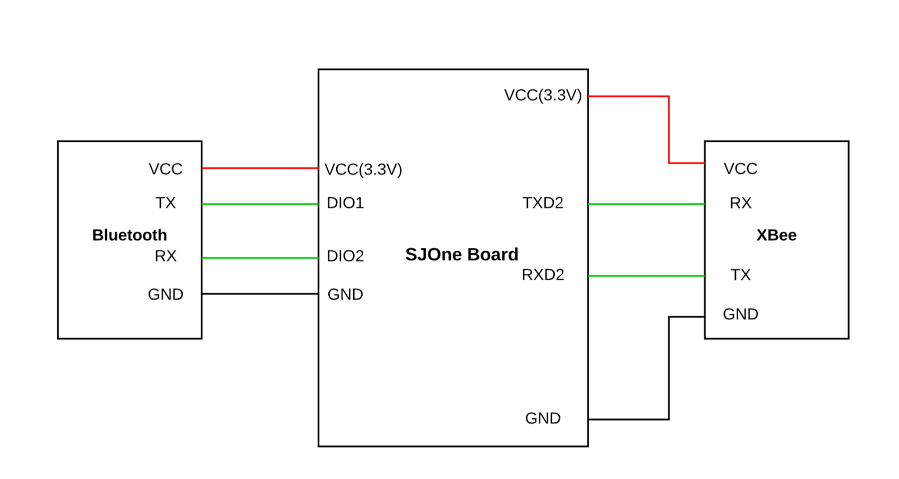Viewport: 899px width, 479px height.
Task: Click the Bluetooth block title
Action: click(x=130, y=235)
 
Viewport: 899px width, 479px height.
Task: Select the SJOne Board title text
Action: click(x=462, y=254)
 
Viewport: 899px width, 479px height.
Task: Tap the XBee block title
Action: click(x=776, y=235)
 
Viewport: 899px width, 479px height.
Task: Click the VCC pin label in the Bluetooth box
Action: click(x=166, y=169)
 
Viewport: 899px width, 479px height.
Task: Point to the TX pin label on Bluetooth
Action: click(x=166, y=202)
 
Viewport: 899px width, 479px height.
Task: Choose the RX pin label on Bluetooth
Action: click(x=166, y=256)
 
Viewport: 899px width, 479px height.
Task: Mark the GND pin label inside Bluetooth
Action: click(x=166, y=294)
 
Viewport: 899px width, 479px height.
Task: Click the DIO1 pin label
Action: click(x=345, y=202)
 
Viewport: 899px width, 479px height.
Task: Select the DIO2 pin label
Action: click(x=345, y=256)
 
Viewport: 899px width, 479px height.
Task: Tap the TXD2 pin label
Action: click(x=543, y=202)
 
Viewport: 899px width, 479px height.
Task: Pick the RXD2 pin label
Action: click(x=543, y=274)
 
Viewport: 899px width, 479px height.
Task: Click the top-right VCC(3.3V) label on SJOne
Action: click(x=543, y=95)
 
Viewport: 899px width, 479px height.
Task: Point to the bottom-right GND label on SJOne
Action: click(x=543, y=418)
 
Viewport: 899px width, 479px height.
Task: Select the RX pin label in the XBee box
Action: click(x=740, y=202)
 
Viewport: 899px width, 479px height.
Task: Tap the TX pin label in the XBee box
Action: click(x=740, y=274)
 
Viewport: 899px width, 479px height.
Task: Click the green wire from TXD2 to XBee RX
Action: click(x=647, y=204)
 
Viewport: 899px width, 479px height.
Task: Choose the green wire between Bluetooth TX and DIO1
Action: click(x=260, y=204)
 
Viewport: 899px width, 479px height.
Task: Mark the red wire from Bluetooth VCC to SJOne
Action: click(x=260, y=168)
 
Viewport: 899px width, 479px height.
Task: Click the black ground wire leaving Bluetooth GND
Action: click(x=260, y=293)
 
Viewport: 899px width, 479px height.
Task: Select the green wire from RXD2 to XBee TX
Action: click(x=647, y=276)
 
